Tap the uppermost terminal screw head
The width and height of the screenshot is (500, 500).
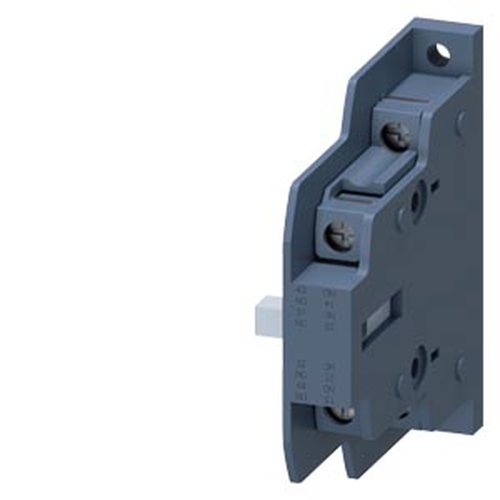click(395, 136)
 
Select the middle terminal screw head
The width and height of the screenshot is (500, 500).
click(339, 235)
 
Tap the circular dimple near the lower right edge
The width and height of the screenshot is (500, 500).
click(460, 368)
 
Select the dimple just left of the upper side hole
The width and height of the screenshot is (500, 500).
click(400, 216)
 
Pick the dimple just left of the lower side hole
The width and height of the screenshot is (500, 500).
click(400, 385)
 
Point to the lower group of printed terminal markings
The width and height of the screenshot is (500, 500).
click(315, 380)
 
